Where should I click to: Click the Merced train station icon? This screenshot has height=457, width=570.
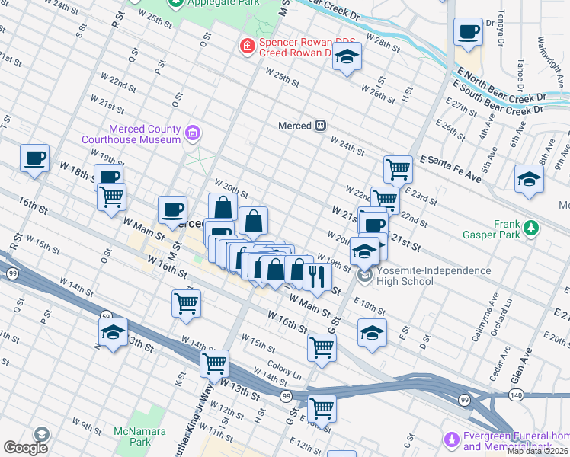point(322,126)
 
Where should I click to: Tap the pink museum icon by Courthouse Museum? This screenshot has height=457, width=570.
point(192,134)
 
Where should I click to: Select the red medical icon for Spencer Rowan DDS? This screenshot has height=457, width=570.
point(247,47)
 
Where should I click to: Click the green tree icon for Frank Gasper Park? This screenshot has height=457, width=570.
point(531,227)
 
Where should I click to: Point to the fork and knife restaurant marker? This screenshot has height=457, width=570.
point(316,275)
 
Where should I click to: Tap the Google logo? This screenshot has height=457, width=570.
point(25,448)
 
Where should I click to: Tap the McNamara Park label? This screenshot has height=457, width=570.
point(130,436)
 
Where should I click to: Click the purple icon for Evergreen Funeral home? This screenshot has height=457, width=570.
point(451,440)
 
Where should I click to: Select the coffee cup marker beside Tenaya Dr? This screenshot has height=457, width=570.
point(468,33)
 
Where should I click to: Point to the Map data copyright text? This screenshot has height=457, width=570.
point(538,451)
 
